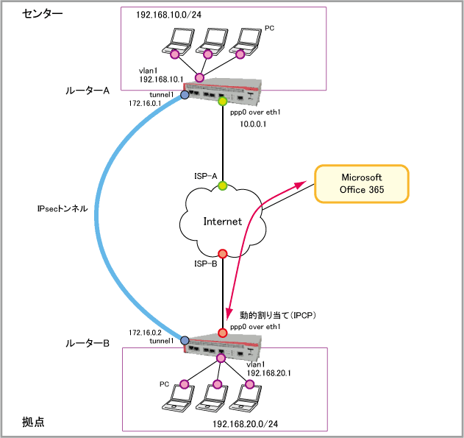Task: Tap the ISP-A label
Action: pyautogui.click(x=204, y=176)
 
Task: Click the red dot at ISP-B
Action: pyautogui.click(x=222, y=253)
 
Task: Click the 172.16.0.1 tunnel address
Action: pyautogui.click(x=145, y=105)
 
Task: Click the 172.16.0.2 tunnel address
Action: pyautogui.click(x=144, y=332)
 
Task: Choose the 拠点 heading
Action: pyautogui.click(x=32, y=421)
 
